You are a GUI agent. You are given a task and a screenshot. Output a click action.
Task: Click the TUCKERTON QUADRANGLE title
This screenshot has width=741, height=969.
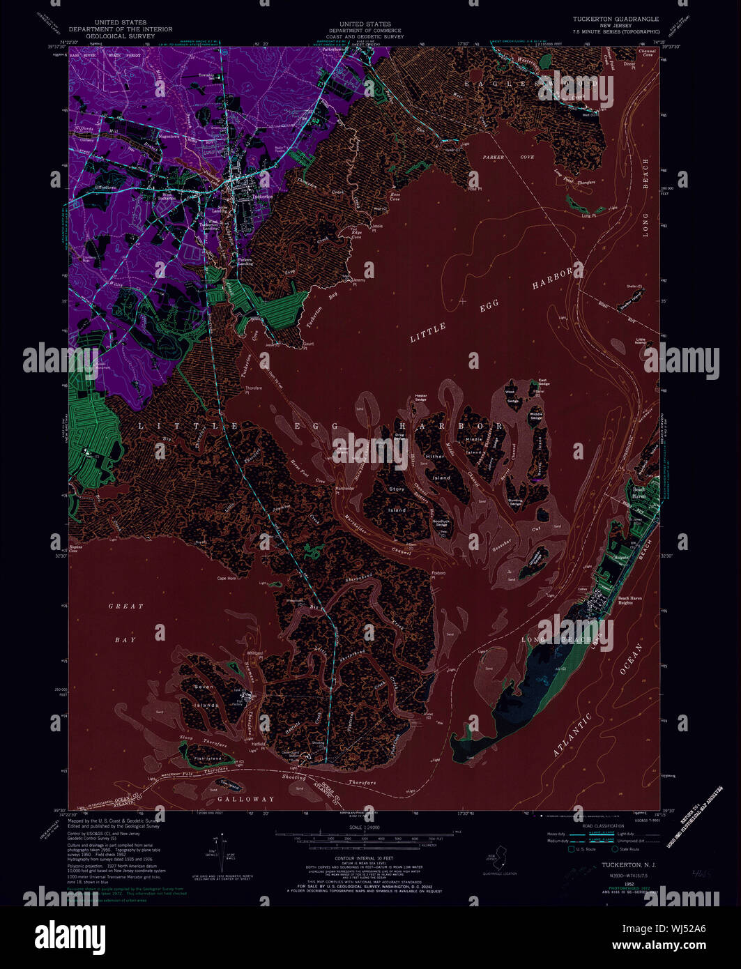616,20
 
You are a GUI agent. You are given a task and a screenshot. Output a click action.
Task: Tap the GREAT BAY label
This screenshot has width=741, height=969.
125,623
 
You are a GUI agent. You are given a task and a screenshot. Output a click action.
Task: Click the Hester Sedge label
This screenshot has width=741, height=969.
420,397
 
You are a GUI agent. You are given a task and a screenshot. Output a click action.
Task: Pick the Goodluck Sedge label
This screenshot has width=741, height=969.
441,524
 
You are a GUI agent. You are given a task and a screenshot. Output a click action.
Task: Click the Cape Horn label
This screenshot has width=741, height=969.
227,578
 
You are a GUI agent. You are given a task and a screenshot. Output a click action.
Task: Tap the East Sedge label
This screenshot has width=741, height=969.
544,383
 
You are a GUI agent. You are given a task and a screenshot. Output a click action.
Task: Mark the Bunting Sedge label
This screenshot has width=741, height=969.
515,503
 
